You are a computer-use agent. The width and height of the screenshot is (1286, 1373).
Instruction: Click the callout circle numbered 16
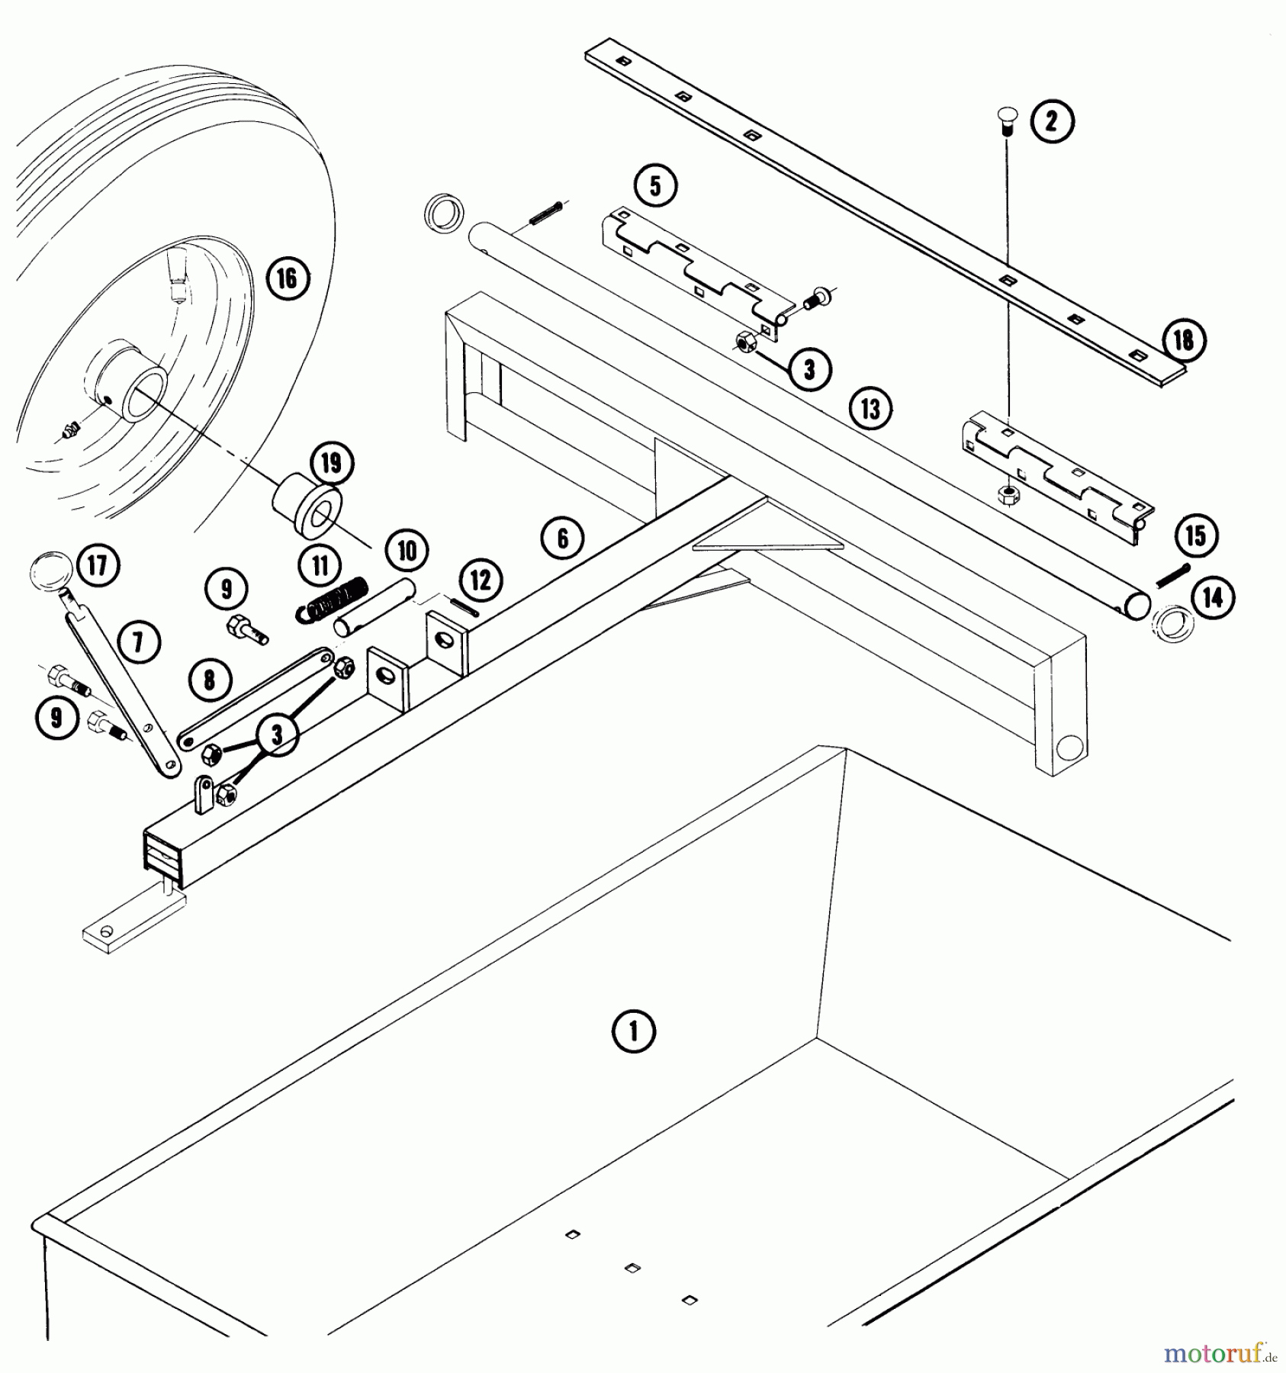(287, 278)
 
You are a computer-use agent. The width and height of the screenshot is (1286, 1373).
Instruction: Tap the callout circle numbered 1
(634, 1032)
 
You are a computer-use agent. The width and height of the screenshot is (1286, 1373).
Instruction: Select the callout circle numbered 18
(1183, 339)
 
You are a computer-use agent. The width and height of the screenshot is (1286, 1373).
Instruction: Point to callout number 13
(870, 410)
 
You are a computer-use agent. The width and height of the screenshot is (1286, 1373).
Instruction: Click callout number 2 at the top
(1052, 122)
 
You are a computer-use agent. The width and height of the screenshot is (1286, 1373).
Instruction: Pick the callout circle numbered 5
(656, 187)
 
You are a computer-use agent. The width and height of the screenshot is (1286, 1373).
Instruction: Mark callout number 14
(1212, 598)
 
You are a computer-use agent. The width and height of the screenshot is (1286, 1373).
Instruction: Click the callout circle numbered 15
(1195, 536)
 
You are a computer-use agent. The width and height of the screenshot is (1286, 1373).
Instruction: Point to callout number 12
(481, 580)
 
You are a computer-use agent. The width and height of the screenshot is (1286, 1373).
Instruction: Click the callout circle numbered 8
(210, 680)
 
